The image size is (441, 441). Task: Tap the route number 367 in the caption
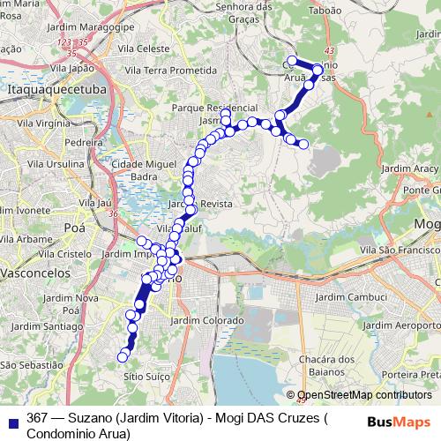36,418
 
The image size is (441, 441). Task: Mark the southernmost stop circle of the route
123,357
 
